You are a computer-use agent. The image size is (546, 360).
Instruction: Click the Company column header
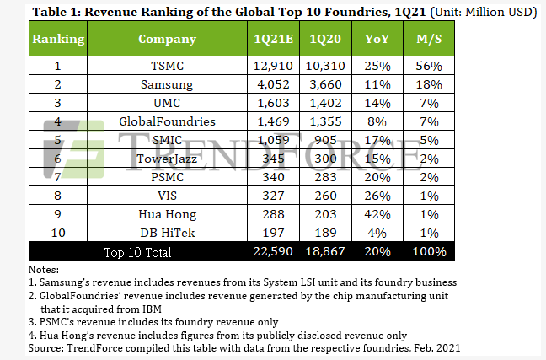click(166, 40)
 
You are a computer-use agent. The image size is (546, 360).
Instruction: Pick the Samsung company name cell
click(166, 85)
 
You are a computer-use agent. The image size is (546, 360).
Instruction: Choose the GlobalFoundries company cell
click(166, 122)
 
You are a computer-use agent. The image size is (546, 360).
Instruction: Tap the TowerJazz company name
click(166, 159)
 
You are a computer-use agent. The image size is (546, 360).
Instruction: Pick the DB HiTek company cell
click(166, 234)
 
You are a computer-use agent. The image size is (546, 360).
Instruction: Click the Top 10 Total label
click(137, 252)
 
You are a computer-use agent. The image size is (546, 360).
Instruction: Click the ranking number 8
click(58, 196)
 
